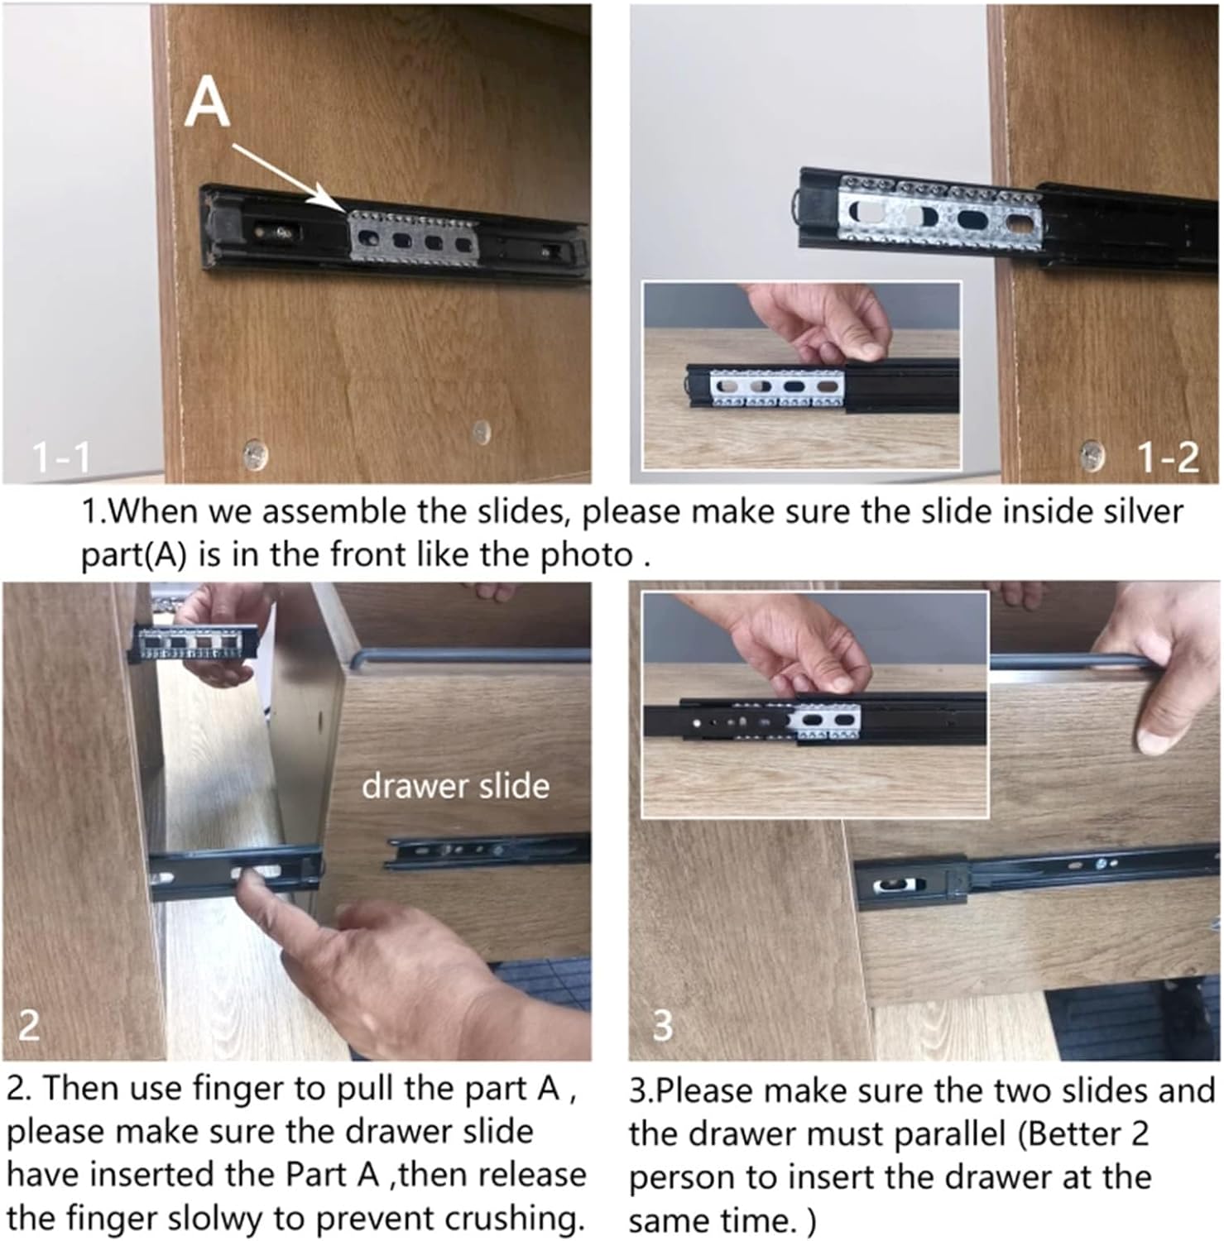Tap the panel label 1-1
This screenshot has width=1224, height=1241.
point(60,456)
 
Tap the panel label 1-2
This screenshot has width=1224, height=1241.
point(1168,456)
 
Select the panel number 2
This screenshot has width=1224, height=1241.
point(28,1025)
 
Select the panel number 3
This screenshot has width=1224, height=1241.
point(663,1025)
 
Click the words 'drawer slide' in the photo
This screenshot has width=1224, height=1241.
point(455,785)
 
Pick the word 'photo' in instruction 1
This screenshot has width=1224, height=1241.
point(586,554)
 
